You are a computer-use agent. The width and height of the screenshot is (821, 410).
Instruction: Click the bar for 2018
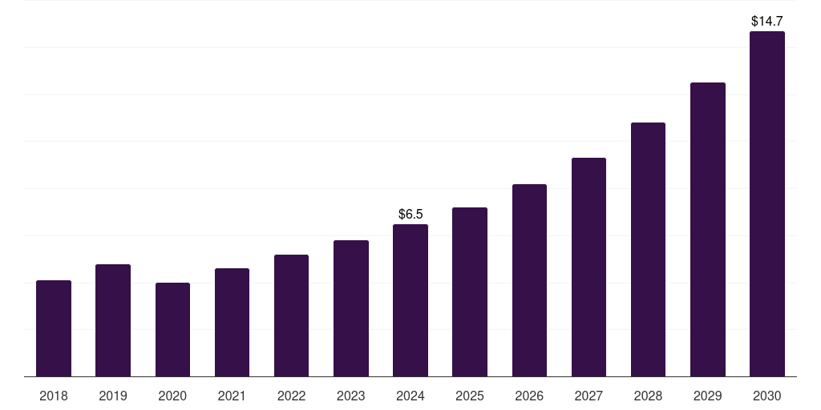coord(54,328)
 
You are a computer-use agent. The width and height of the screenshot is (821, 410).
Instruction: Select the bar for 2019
coord(113,320)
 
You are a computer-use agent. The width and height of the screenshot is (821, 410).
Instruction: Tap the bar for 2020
coord(172,329)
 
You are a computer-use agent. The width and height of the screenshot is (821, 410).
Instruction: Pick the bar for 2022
coord(291,316)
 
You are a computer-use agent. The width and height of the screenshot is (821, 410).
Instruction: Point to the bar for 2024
coord(410,300)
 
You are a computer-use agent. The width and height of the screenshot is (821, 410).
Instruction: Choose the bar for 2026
coord(529,280)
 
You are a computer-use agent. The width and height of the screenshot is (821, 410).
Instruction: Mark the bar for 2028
coord(648,249)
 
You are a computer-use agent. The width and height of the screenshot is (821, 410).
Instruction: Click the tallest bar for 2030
coord(767,204)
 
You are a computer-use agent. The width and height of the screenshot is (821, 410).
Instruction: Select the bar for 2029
coord(708,229)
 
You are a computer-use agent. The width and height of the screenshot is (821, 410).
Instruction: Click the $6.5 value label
coord(410,214)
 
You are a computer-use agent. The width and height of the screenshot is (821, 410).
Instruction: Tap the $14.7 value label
coord(767,21)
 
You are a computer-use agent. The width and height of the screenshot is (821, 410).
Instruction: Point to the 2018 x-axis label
coord(54,396)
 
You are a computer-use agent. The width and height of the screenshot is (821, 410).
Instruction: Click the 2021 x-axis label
coord(232,396)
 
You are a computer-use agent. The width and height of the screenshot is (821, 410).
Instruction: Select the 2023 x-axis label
coord(351,396)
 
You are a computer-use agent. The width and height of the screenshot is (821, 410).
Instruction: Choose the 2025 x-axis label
coord(470,396)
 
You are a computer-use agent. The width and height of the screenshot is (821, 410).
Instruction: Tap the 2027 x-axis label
coord(588,396)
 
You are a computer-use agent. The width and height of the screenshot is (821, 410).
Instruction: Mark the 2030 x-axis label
coord(767,396)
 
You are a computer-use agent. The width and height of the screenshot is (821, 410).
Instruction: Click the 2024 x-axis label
coord(410,396)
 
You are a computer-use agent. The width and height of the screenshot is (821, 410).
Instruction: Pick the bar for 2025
coord(470,292)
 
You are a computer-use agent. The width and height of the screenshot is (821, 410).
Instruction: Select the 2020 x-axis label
coord(172,396)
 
